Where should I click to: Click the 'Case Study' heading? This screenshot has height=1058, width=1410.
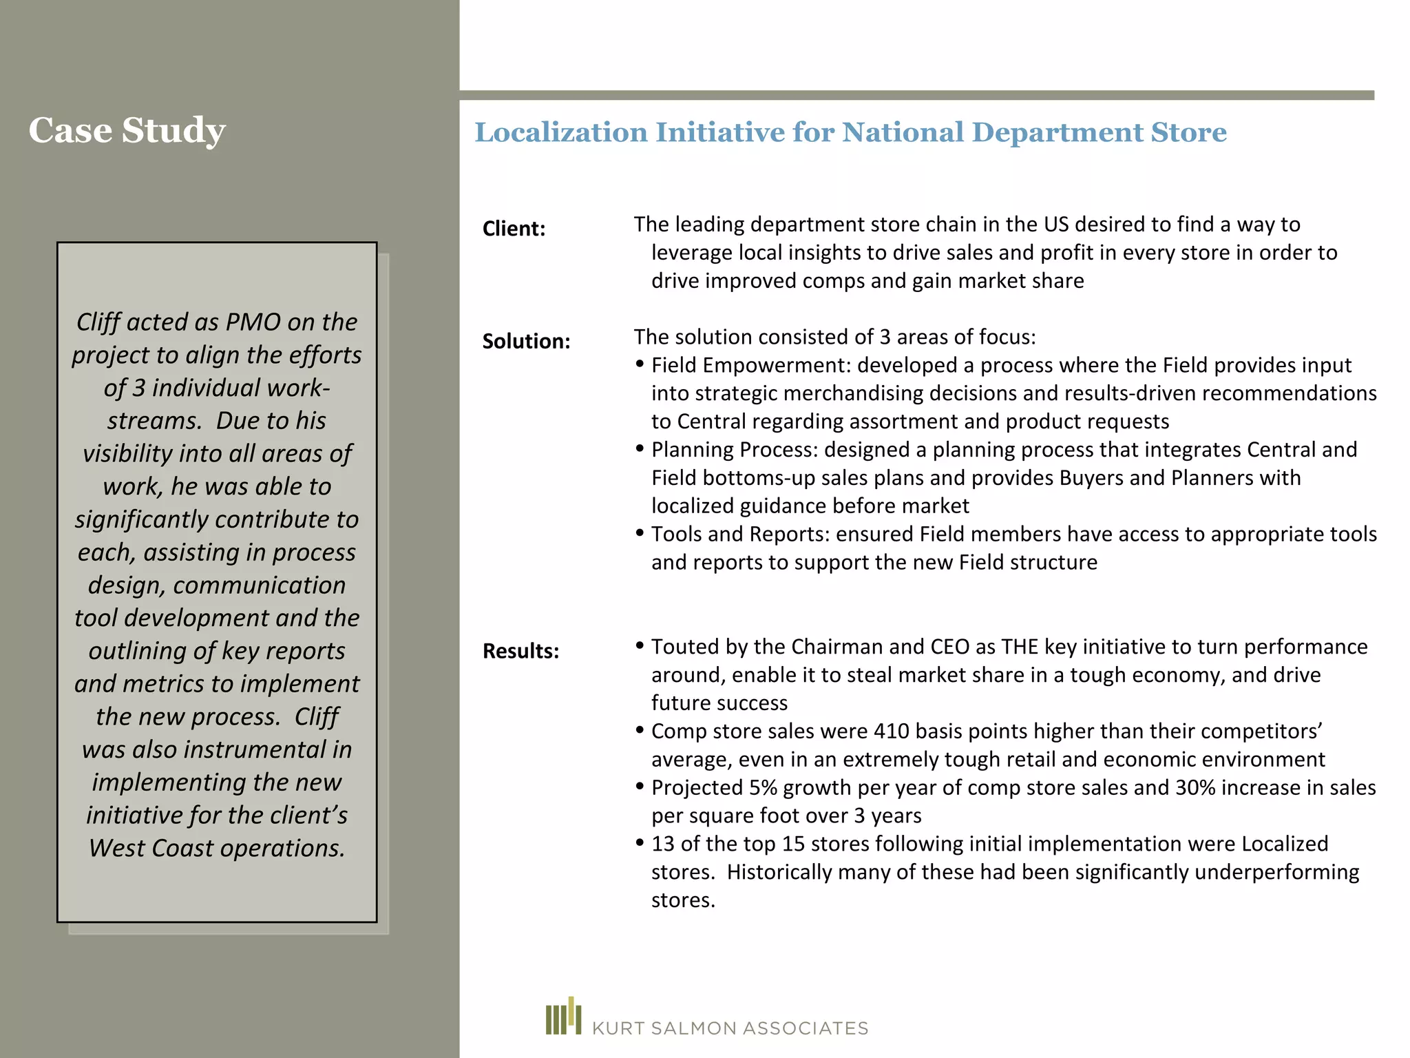pyautogui.click(x=127, y=130)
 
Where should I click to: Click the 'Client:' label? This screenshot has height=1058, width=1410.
pyautogui.click(x=514, y=229)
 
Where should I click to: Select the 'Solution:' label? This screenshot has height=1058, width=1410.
pyautogui.click(x=526, y=341)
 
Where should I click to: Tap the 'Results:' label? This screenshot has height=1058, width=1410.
pyautogui.click(x=520, y=651)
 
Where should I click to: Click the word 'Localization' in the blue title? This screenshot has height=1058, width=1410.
pyautogui.click(x=561, y=132)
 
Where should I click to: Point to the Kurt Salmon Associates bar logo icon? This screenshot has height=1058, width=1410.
pyautogui.click(x=563, y=1017)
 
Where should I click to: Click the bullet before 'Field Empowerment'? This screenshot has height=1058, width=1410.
pyautogui.click(x=640, y=364)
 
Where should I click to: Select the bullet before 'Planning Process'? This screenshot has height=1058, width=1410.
pyautogui.click(x=640, y=448)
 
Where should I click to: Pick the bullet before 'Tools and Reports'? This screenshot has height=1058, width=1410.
pyautogui.click(x=640, y=533)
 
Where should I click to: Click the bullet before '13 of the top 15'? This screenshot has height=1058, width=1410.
pyautogui.click(x=640, y=842)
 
